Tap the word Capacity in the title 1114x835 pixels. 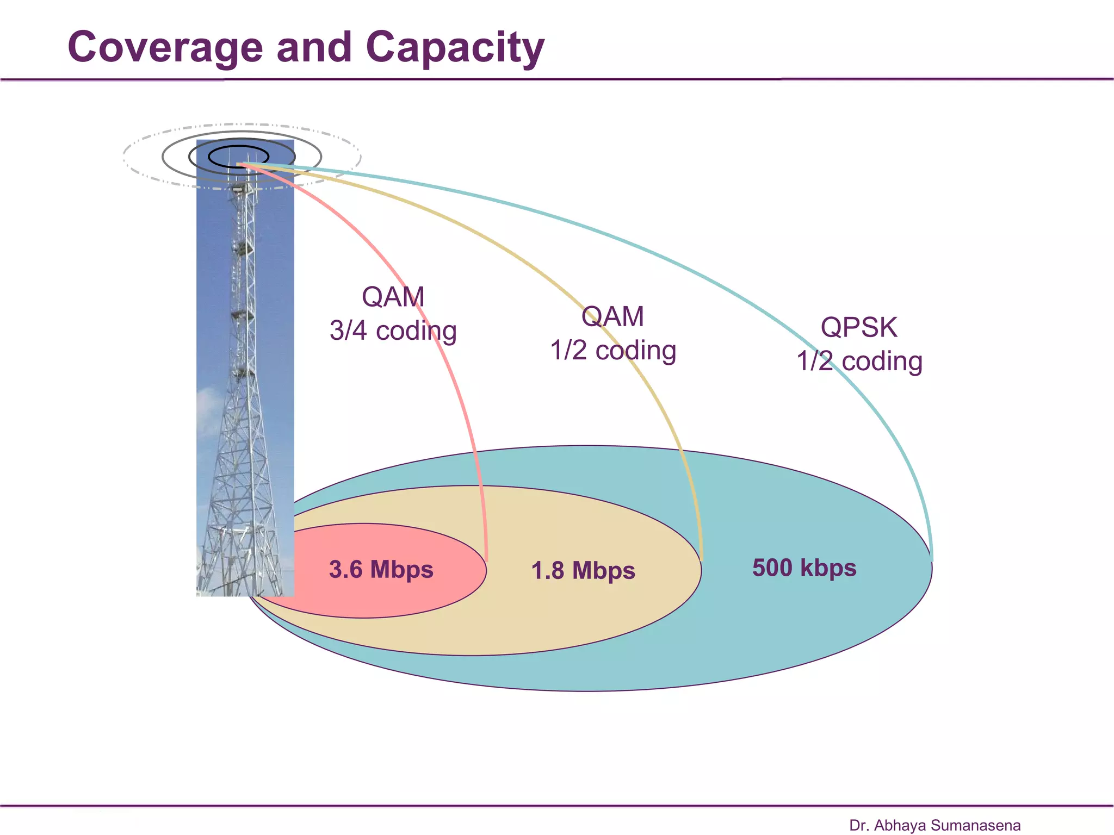point(455,48)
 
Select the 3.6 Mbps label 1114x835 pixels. point(381,569)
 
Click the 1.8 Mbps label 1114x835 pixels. point(583,571)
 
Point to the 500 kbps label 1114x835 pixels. point(804,568)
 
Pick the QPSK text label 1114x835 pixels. point(859,327)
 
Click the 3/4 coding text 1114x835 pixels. point(393,331)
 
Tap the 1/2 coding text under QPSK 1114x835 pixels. point(859,362)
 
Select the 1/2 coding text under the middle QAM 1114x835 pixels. point(613,351)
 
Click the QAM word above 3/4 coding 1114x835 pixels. point(393,297)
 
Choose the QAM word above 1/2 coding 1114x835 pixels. point(612,316)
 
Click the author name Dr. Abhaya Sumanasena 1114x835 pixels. point(934,825)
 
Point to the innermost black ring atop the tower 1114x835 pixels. point(238,147)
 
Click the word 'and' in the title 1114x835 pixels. point(314,48)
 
